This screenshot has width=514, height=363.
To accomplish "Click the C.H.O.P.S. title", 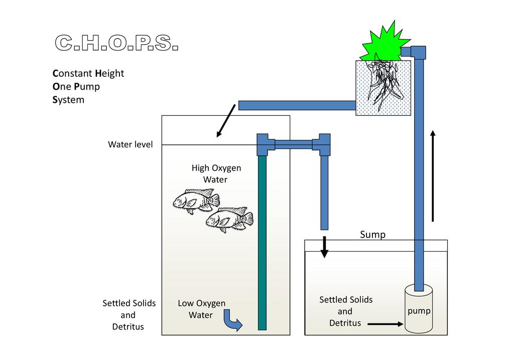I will tap(116, 44).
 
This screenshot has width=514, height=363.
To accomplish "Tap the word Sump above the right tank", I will tap(372, 235).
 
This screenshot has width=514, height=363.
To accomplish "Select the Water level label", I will tap(131, 145).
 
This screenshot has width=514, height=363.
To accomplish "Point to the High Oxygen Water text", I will tap(216, 173).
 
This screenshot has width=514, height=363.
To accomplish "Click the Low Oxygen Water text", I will tap(201, 309).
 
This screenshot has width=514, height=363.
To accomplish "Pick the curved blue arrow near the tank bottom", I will tap(232, 321).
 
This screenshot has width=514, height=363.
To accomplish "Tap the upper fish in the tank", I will tap(196, 201).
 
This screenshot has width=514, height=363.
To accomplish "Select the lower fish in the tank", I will tap(229, 219).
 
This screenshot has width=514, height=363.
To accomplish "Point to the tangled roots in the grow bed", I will tap(383, 85).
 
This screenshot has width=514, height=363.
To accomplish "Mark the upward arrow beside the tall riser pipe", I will tap(433, 175).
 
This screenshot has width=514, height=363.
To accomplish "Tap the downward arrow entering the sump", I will tap(324, 246).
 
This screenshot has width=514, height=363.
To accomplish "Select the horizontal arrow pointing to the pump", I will tap(385, 324).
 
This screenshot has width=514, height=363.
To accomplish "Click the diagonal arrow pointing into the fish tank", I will tap(226, 120).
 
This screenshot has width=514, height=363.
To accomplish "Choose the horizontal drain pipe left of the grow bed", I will tap(297, 105).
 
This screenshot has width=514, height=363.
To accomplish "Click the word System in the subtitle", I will tap(68, 100).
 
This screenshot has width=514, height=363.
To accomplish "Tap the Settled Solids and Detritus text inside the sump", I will tap(346, 311).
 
